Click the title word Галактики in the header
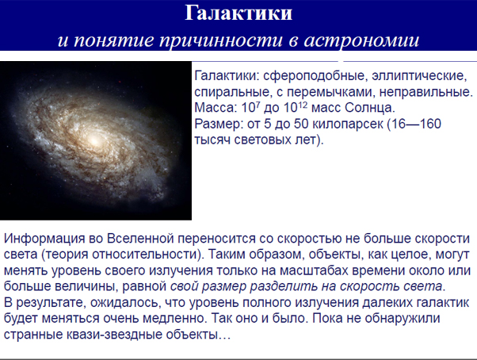[x=238, y=13]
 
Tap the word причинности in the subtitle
[x=221, y=40]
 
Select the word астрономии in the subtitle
[x=361, y=40]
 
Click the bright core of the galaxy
[x=94, y=141]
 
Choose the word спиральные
[x=232, y=92]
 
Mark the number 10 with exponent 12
[x=296, y=107]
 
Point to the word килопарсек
[x=348, y=124]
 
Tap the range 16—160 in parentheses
[x=416, y=124]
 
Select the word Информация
[x=44, y=239]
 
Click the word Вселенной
[x=140, y=238]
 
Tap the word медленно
[x=174, y=319]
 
